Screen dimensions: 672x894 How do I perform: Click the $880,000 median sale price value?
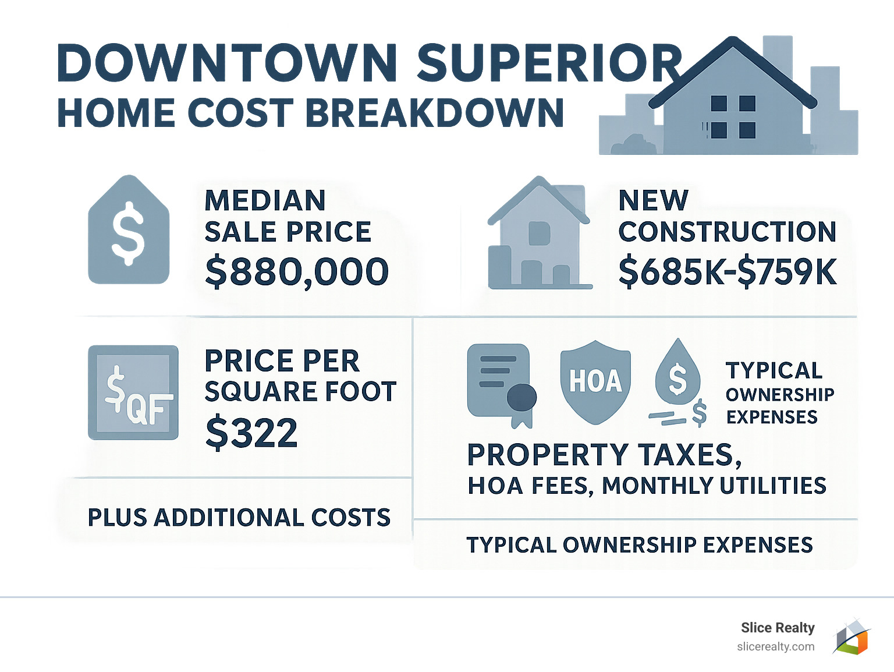297,272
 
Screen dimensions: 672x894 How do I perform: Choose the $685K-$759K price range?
728,272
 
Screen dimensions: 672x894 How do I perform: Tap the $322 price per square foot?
251,433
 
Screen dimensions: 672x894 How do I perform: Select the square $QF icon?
133,392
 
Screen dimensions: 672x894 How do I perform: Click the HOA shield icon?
595,382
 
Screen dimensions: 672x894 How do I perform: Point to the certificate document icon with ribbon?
501,384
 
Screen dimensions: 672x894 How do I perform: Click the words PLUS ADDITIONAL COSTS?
239,518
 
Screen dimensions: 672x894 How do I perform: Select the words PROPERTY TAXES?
604,455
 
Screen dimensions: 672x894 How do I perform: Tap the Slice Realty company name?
778,628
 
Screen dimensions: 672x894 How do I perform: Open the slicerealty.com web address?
775,647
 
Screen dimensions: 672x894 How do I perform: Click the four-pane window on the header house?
733,116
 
